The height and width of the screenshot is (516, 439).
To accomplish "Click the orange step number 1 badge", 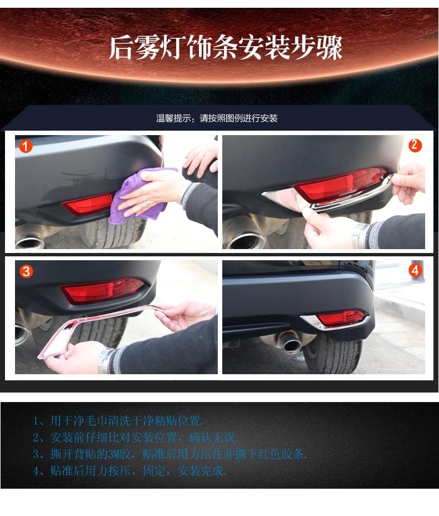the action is pyautogui.click(x=26, y=146).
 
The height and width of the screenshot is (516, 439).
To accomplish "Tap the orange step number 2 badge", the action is pyautogui.click(x=415, y=145).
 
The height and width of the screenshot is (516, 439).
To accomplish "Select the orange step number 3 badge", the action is pyautogui.click(x=26, y=271).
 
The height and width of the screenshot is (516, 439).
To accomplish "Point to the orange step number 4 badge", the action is pyautogui.click(x=415, y=270).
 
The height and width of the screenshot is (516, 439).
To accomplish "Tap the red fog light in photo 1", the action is pyautogui.click(x=88, y=204).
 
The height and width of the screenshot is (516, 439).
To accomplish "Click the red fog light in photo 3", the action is pyautogui.click(x=102, y=290).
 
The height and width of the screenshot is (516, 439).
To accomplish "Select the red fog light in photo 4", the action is pyautogui.click(x=341, y=318).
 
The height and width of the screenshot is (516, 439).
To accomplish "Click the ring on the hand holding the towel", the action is pyautogui.click(x=144, y=198).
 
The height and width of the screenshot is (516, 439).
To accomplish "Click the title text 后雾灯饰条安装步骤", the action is pyautogui.click(x=226, y=48).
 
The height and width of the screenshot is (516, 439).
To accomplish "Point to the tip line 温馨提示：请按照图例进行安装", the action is pyautogui.click(x=217, y=118).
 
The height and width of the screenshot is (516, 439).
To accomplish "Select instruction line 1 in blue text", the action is pyautogui.click(x=118, y=420).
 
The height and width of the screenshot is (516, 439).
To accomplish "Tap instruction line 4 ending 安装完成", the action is pyautogui.click(x=129, y=471).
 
